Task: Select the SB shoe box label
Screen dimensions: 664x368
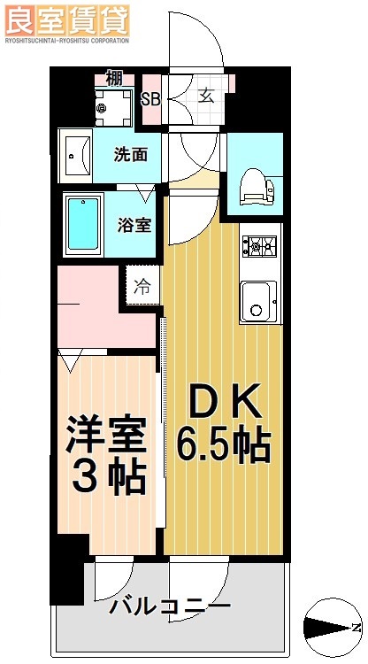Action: point(150,98)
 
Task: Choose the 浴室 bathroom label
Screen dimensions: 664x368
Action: point(134,223)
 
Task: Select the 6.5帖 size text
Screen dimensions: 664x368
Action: point(222,444)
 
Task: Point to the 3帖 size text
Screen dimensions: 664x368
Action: point(107,479)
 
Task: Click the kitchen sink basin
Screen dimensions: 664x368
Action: point(259,301)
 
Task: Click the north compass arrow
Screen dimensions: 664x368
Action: point(331,627)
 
